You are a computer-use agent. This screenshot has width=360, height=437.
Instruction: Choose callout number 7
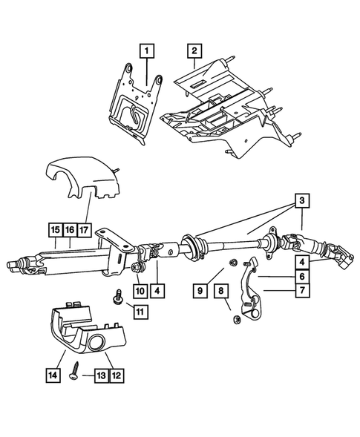coord(301,290)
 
